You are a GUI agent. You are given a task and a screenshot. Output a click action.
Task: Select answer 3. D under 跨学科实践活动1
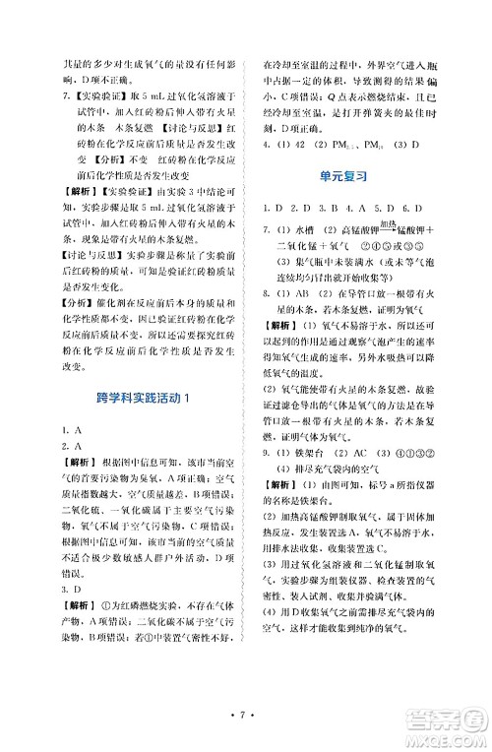tap(69, 590)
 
